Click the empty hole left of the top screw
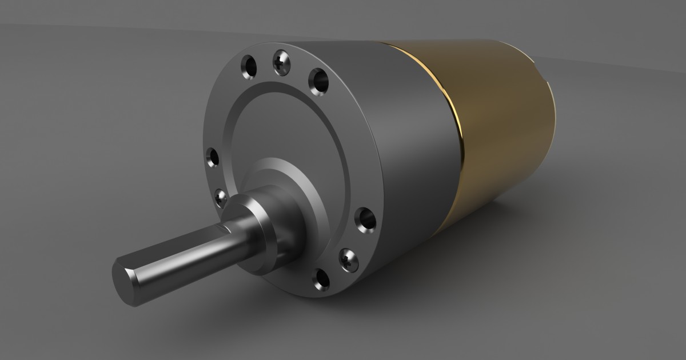pyautogui.click(x=249, y=67)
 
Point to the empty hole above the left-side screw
pyautogui.click(x=213, y=157)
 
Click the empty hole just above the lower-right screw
pyautogui.click(x=364, y=218)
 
